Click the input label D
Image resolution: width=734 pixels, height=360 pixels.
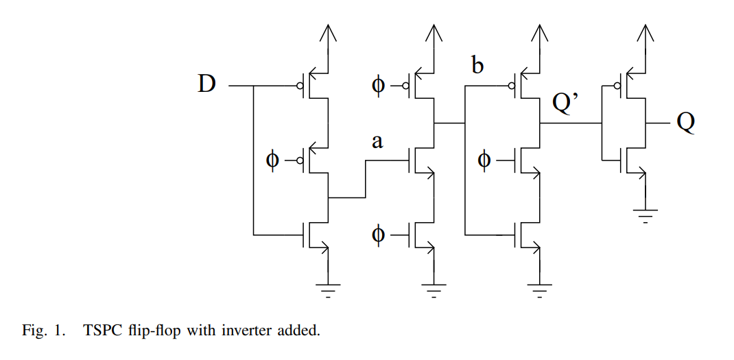coord(206,84)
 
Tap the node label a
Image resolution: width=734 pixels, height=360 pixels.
coord(377,142)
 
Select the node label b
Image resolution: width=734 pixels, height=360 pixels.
coord(477,66)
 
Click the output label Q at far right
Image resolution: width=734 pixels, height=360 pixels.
coord(686,123)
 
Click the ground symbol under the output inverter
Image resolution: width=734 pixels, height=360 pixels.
coord(645,215)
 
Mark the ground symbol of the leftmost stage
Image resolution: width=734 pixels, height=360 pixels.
coord(329,289)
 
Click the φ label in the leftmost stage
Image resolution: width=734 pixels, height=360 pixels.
coord(272,160)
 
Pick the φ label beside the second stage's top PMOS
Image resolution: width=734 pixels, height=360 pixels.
coord(378,86)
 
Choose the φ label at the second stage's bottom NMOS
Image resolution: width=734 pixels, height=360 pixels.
coord(378,235)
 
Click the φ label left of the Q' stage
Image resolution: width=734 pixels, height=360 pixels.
coord(484,160)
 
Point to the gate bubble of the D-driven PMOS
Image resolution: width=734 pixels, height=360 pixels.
coord(299,86)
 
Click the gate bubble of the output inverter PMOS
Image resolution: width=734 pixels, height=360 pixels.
coord(617,86)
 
